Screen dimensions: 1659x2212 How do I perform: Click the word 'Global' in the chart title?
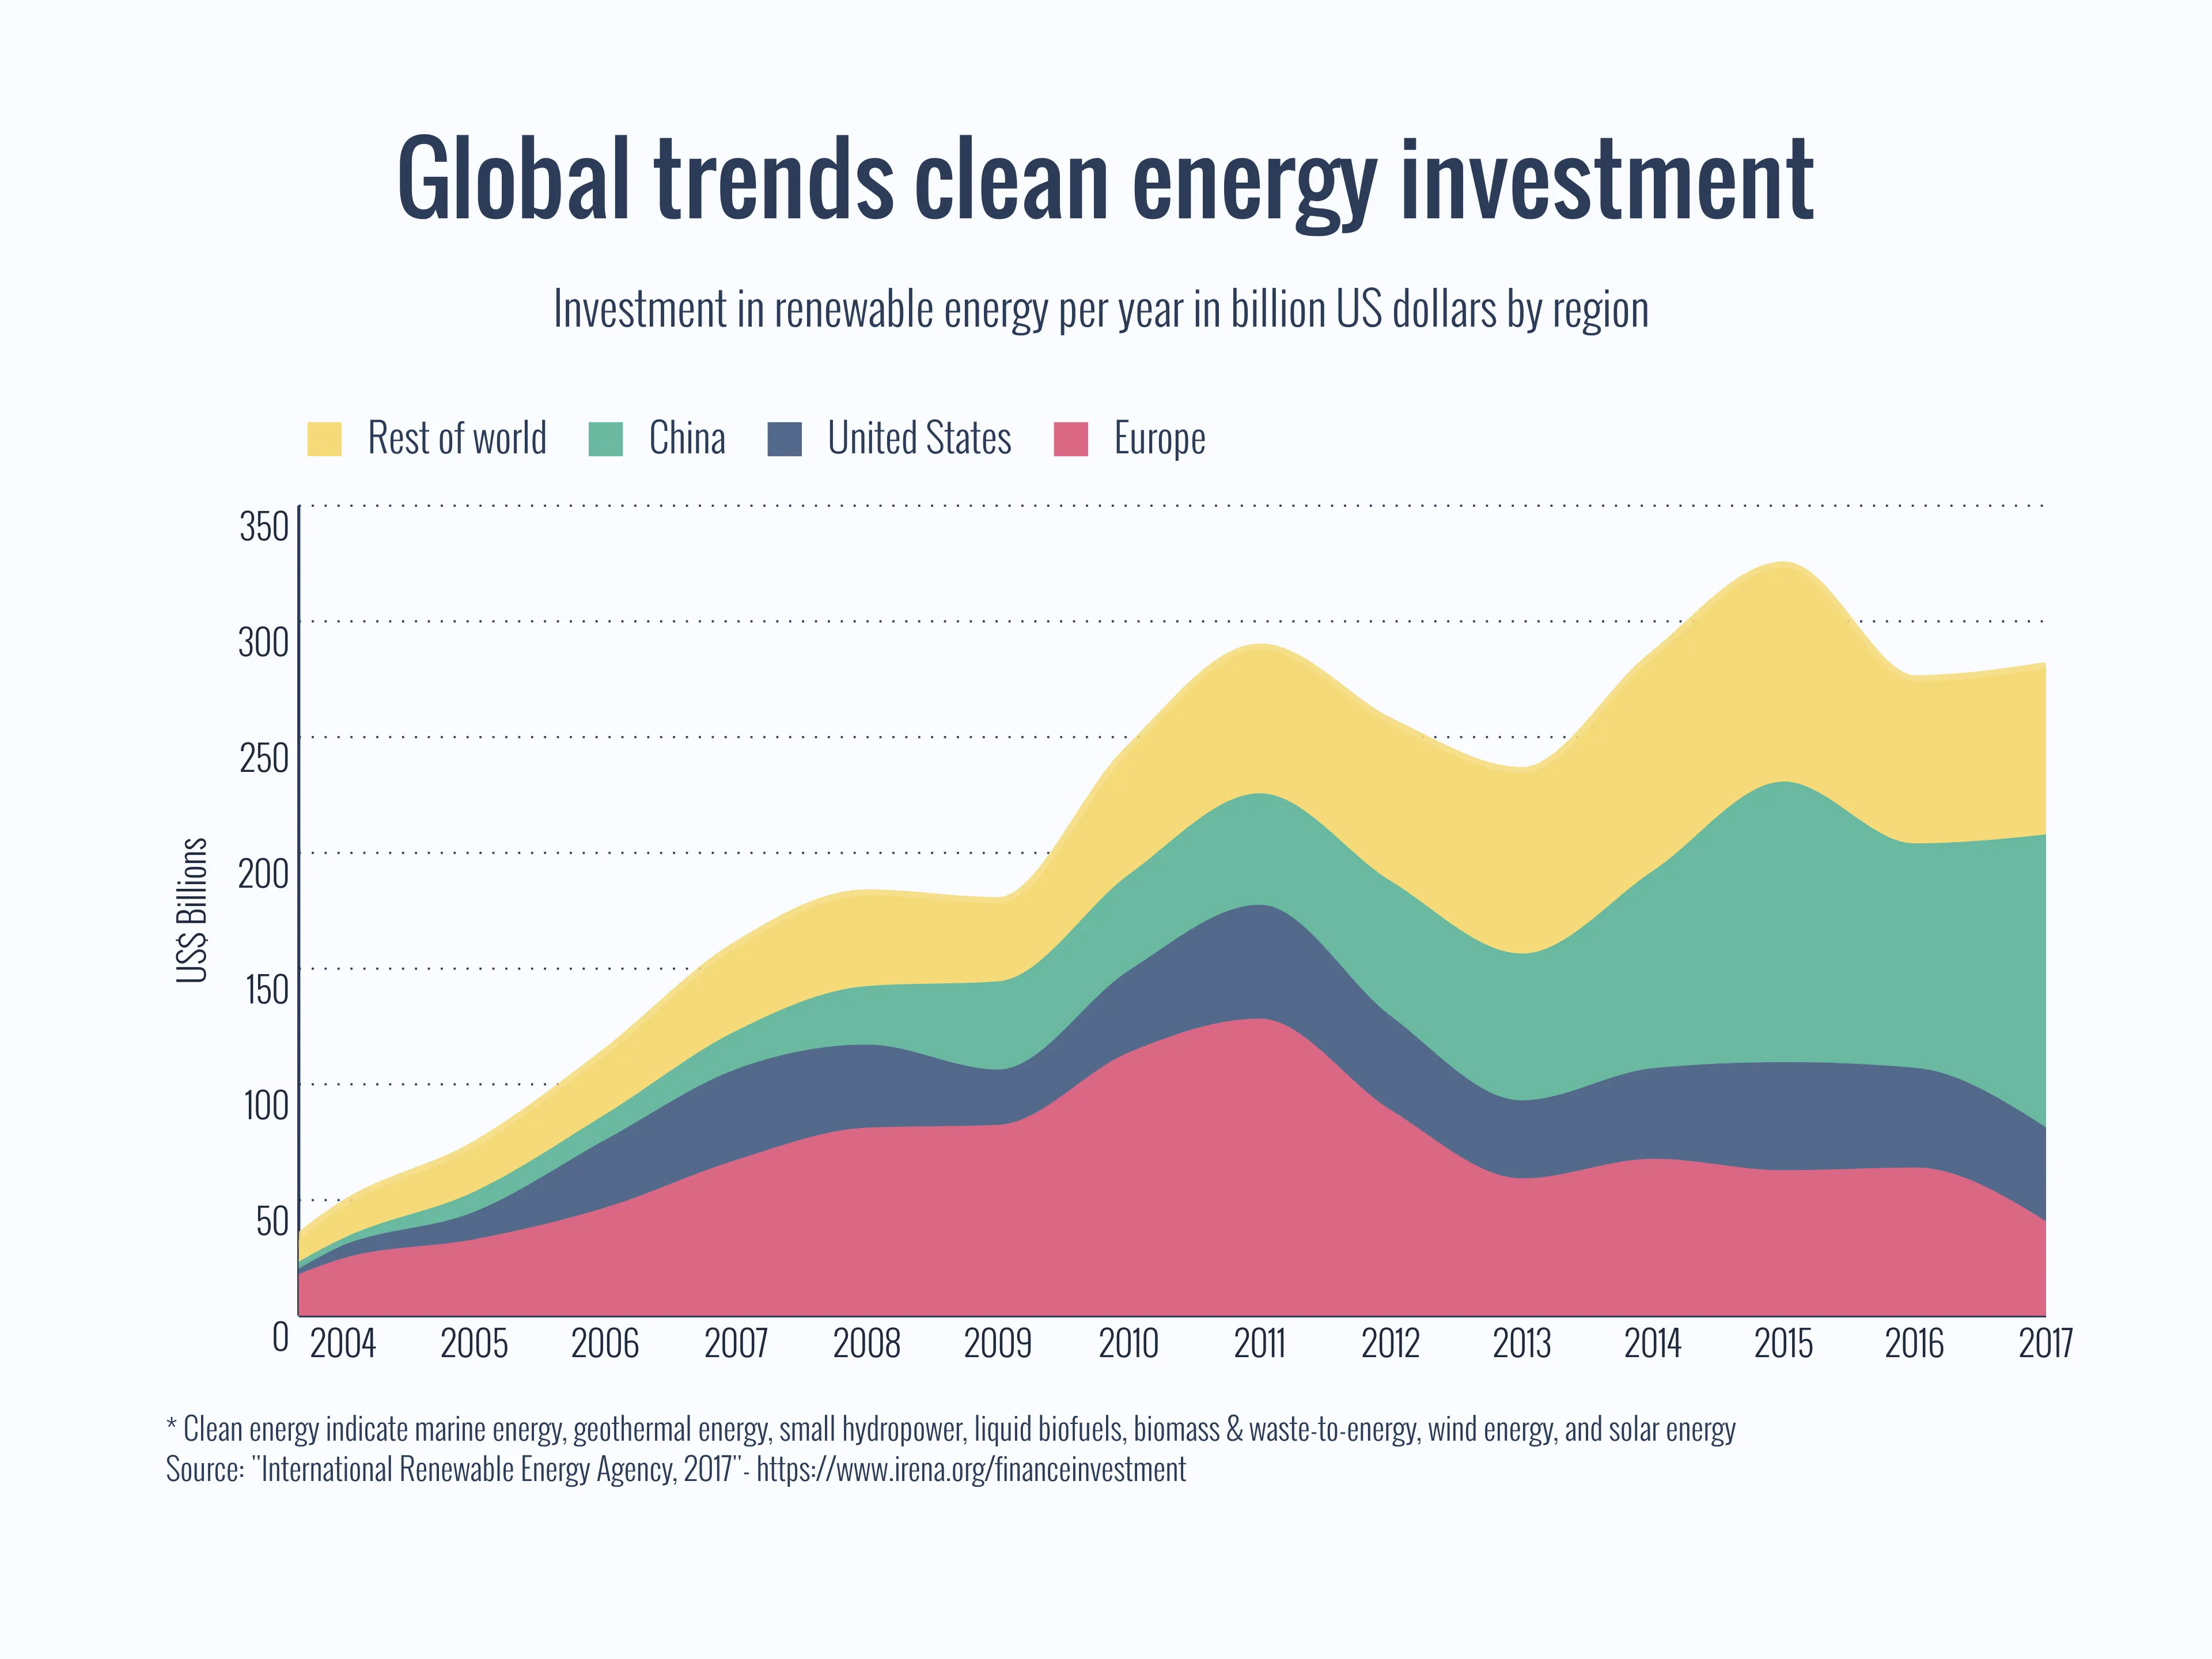tap(514, 180)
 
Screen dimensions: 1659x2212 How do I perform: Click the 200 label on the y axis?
tap(263, 874)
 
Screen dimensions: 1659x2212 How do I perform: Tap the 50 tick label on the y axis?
tap(272, 1221)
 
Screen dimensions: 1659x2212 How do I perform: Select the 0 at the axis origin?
tap(281, 1337)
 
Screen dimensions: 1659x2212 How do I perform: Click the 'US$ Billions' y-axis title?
tap(192, 910)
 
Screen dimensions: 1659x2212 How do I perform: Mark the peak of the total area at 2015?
tap(1783, 563)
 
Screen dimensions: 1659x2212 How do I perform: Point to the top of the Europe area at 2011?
tap(1260, 1019)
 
